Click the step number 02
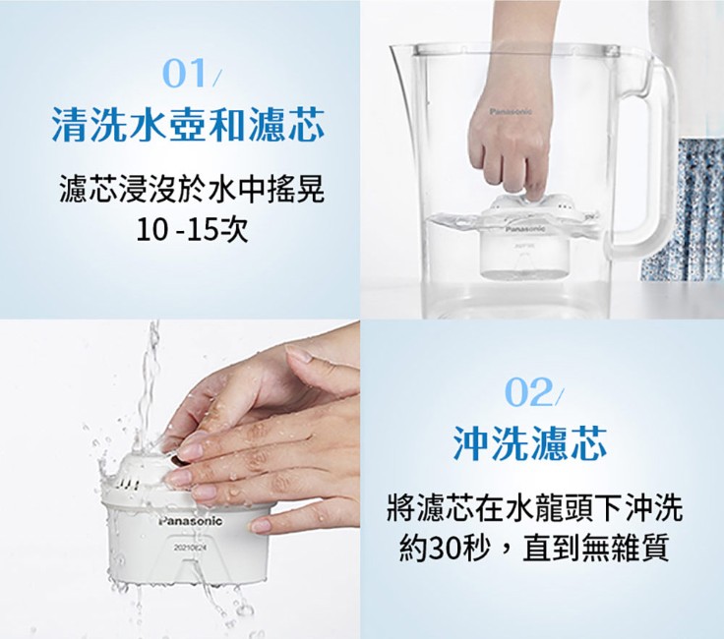pyautogui.click(x=529, y=392)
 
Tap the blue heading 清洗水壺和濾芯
pyautogui.click(x=188, y=125)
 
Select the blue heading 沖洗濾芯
pyautogui.click(x=529, y=443)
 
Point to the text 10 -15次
pyautogui.click(x=192, y=229)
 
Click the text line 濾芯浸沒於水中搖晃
pyautogui.click(x=191, y=190)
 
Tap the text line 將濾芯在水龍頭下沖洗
pyautogui.click(x=534, y=507)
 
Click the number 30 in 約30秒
pyautogui.click(x=446, y=548)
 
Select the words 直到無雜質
pyautogui.click(x=596, y=548)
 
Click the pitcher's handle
pyautogui.click(x=656, y=161)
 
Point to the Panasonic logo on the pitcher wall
pyautogui.click(x=511, y=112)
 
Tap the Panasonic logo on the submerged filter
pyautogui.click(x=525, y=229)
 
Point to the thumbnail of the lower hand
pyautogui.click(x=262, y=525)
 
